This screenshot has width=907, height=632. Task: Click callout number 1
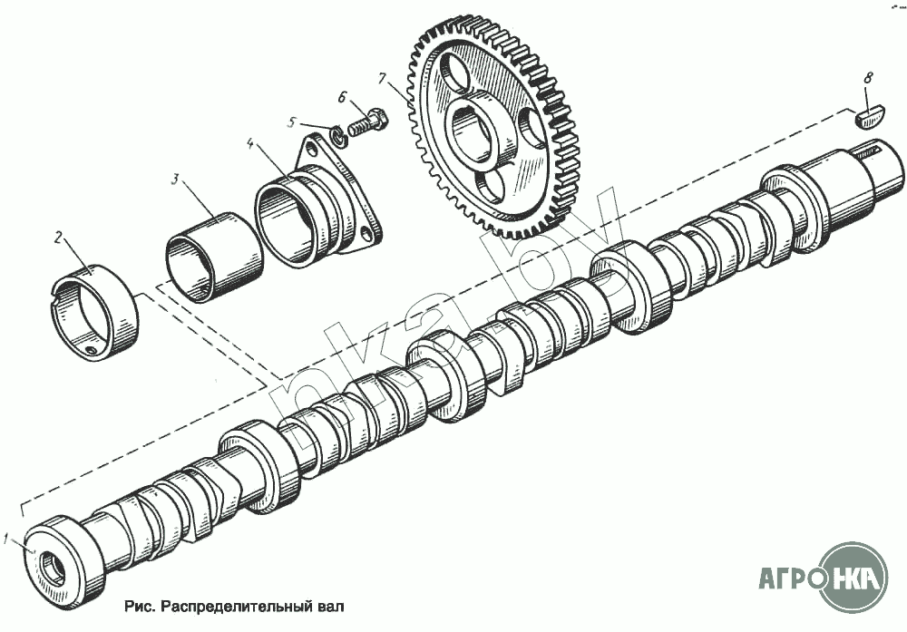point(8,540)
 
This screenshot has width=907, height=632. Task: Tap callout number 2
point(58,238)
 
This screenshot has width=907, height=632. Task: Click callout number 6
point(343,96)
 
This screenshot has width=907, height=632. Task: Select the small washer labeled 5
point(335,136)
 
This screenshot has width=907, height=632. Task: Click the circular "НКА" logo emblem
point(853,577)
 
